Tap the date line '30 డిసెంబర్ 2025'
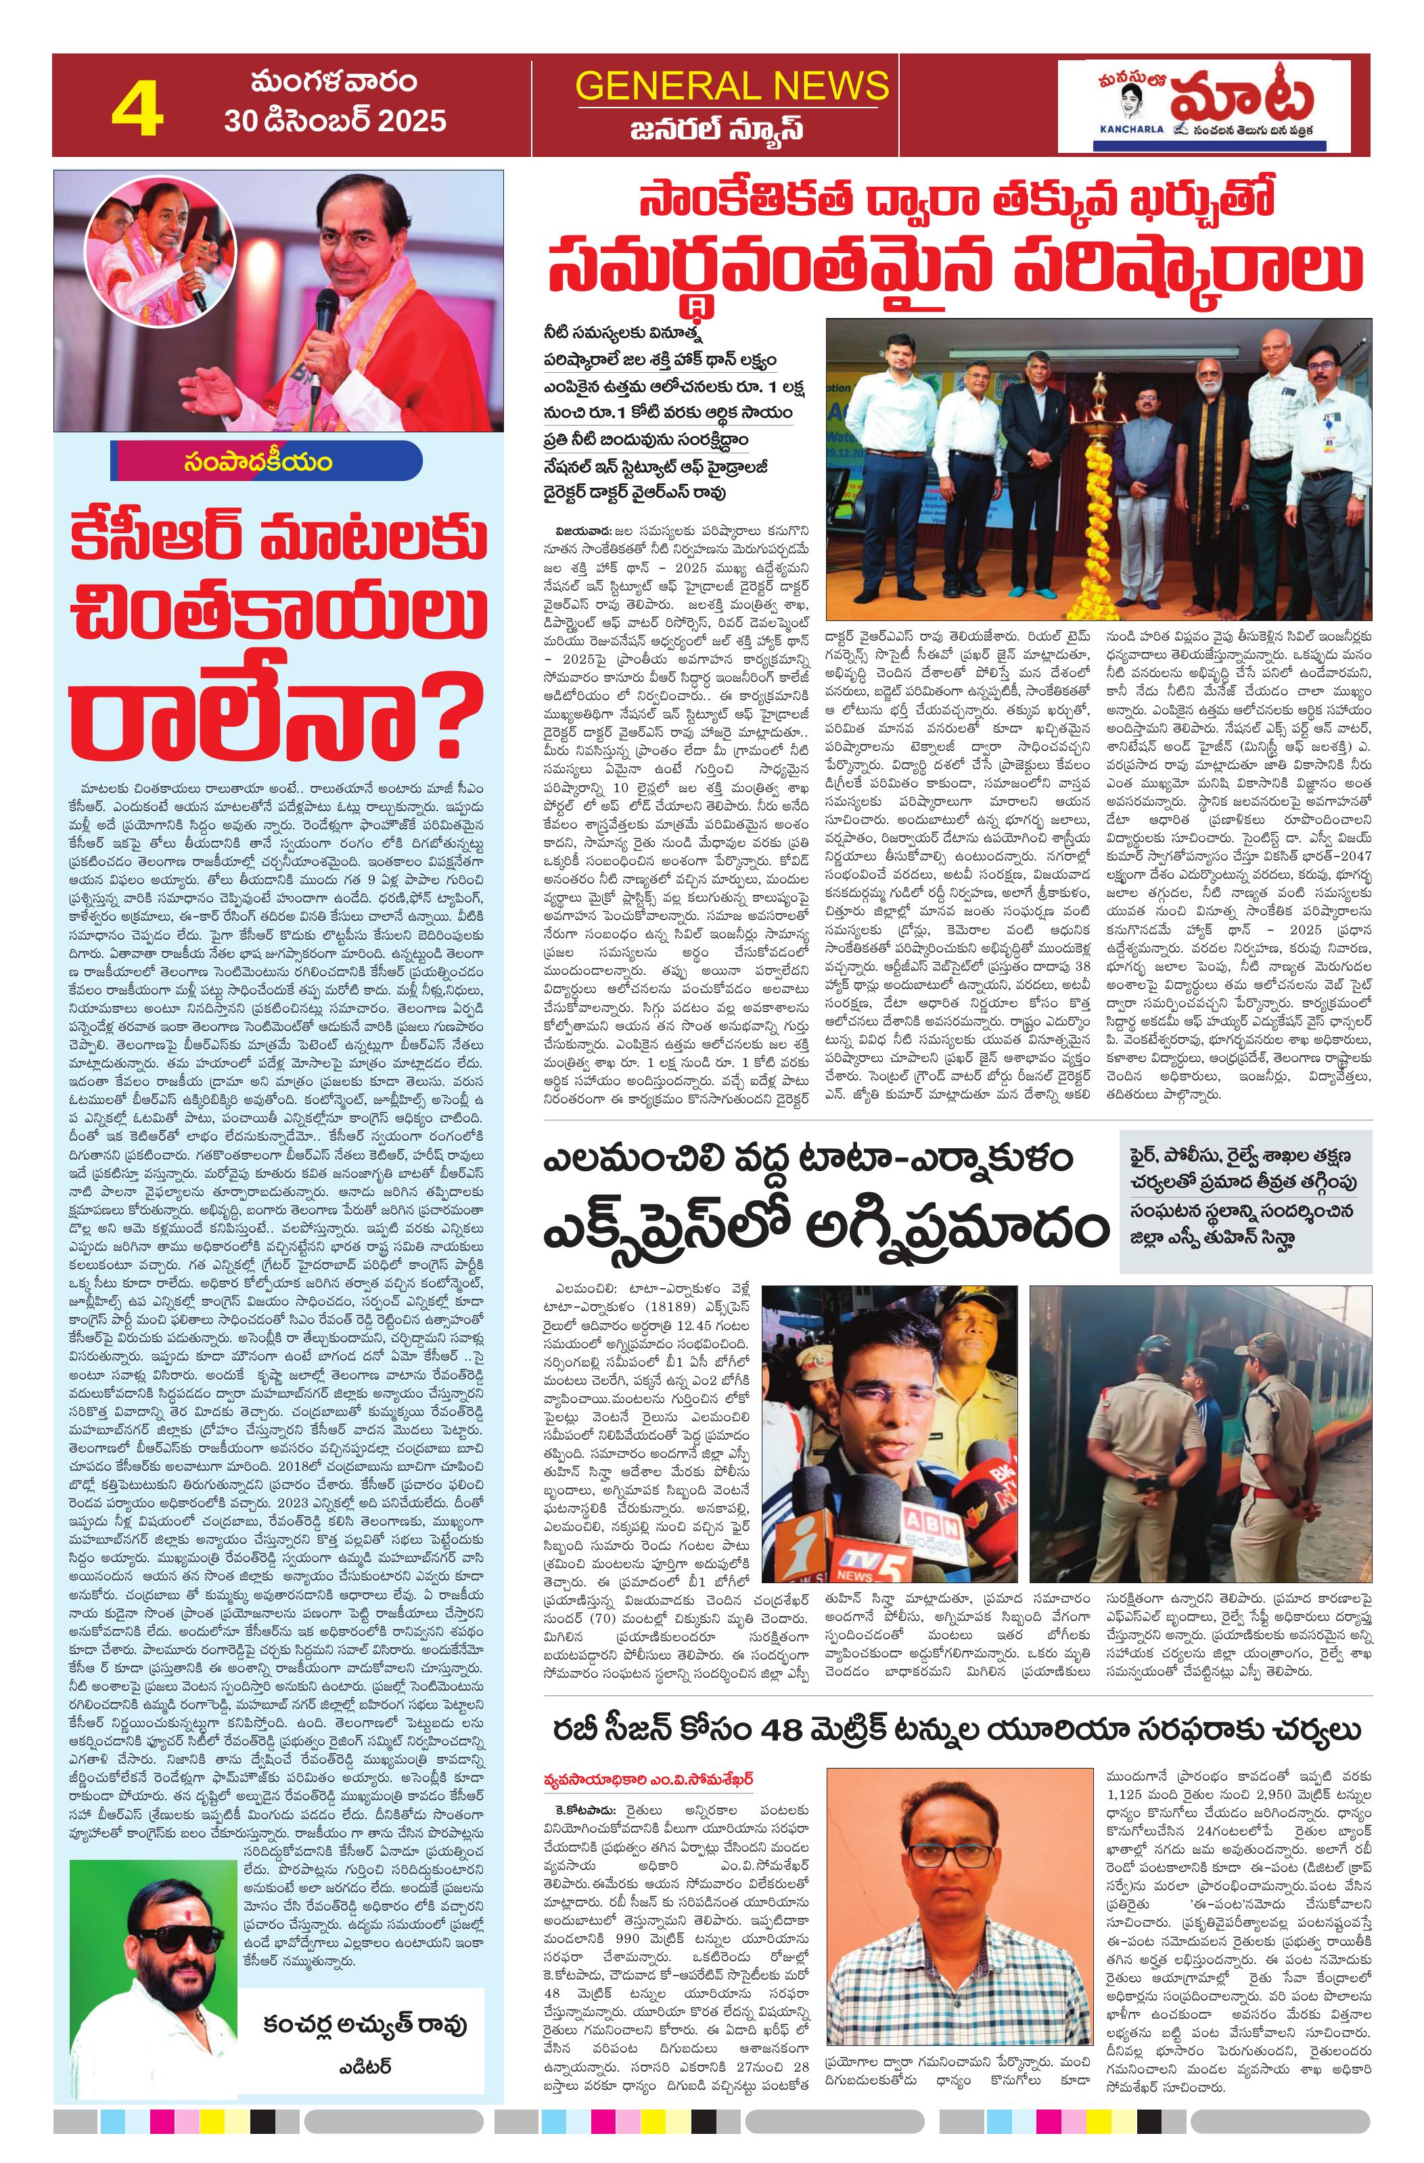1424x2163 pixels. (x=336, y=120)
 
